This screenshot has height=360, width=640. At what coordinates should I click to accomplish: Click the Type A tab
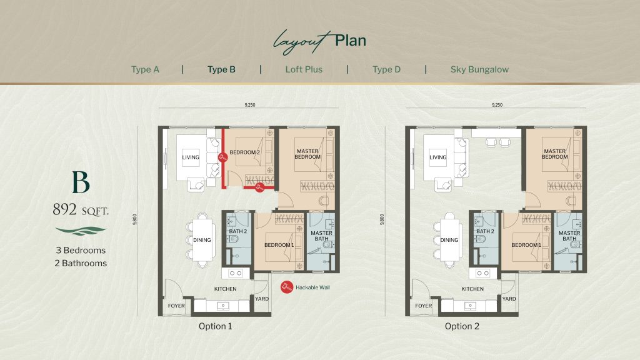pos(145,69)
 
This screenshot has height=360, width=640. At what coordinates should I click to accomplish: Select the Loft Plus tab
pos(304,69)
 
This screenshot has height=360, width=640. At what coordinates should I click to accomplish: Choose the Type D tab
pos(386,69)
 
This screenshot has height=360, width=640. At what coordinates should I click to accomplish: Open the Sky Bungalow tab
pos(479,69)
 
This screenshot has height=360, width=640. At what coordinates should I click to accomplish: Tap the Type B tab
pos(221,69)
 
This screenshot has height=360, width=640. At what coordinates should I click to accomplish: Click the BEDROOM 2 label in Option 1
pos(244,152)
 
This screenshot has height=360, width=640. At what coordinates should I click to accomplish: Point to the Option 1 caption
pos(215,326)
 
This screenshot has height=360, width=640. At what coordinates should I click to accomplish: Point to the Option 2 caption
pos(462,326)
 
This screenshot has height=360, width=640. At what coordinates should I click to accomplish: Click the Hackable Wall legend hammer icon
pos(286,287)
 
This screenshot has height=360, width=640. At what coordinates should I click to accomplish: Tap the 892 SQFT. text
pos(81,210)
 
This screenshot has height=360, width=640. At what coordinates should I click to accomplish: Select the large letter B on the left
pos(81,182)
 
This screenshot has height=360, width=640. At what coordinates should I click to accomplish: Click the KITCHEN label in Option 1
pos(225,289)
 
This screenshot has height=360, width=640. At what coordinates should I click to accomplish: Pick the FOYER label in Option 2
pos(423,306)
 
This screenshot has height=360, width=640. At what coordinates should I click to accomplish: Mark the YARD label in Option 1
pos(262,299)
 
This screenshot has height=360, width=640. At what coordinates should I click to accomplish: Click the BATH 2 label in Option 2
pos(485,231)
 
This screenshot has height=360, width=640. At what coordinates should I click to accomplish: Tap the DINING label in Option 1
pos(202,240)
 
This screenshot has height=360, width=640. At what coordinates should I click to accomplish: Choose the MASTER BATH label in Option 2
pos(569,236)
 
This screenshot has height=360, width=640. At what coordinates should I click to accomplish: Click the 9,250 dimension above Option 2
pos(497,105)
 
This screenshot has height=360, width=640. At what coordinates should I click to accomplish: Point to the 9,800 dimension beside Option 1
pos(135,219)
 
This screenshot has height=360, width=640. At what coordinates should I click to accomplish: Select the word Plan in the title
pos(350,41)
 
